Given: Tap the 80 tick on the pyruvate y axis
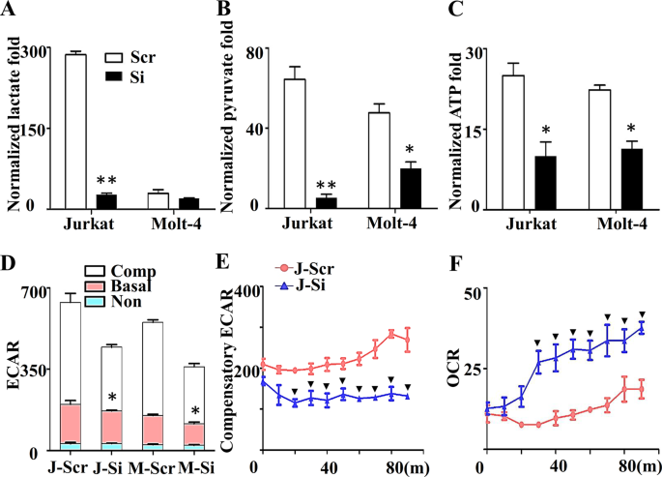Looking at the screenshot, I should click(256, 51).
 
